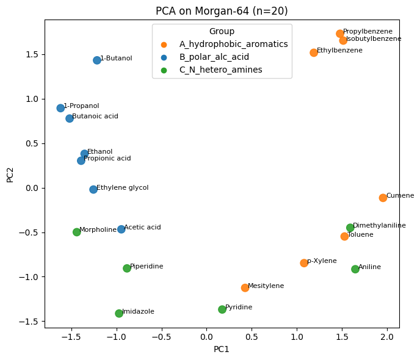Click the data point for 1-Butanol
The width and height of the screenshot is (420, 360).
[97, 60]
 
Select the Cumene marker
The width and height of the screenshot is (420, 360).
[383, 198]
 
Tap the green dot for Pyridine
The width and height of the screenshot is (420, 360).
[222, 309]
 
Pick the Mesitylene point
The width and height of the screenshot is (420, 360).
[245, 287]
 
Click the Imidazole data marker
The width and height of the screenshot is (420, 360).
[119, 314]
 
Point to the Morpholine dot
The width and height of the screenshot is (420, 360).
[77, 232]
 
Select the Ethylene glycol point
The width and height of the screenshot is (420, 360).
[93, 189]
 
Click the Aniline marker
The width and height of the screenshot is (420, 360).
[355, 269]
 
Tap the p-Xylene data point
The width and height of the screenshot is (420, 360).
[304, 263]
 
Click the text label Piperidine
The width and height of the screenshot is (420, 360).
[147, 267]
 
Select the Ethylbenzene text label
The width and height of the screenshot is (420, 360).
[339, 51]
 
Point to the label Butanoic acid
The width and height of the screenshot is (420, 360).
[95, 116]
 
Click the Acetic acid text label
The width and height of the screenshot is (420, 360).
[142, 228]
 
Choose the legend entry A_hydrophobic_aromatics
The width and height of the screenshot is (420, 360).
[233, 45]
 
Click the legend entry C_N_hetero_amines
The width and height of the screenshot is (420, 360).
[220, 70]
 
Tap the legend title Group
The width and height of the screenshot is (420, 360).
[222, 31]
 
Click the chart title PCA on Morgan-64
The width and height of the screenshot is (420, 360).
[222, 11]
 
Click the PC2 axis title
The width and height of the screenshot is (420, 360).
[10, 174]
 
